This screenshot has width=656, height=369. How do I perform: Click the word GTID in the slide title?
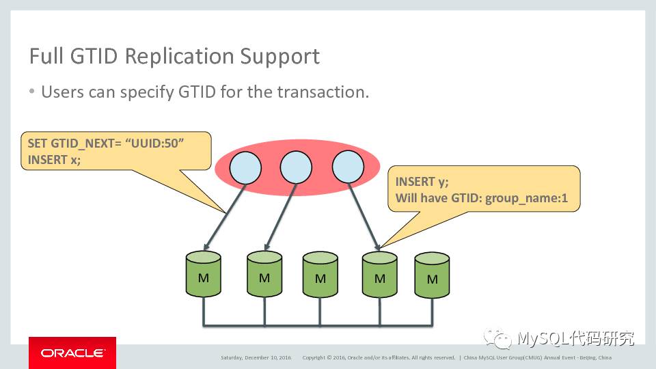coord(90,56)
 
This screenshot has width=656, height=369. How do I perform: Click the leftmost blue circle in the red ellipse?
coord(245,167)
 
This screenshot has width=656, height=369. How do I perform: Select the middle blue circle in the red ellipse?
coord(296,167)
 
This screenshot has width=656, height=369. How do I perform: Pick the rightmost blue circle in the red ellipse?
coord(348,167)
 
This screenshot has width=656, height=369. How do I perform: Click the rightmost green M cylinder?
coord(432,276)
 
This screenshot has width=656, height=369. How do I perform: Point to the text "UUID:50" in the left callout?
coord(157,144)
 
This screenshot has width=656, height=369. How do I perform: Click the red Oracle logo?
coord(72,353)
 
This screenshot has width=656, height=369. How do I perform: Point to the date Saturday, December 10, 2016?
coord(256,357)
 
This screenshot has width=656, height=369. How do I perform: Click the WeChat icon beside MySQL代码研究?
coord(498,338)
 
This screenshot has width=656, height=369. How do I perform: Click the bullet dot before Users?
coord(32,92)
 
